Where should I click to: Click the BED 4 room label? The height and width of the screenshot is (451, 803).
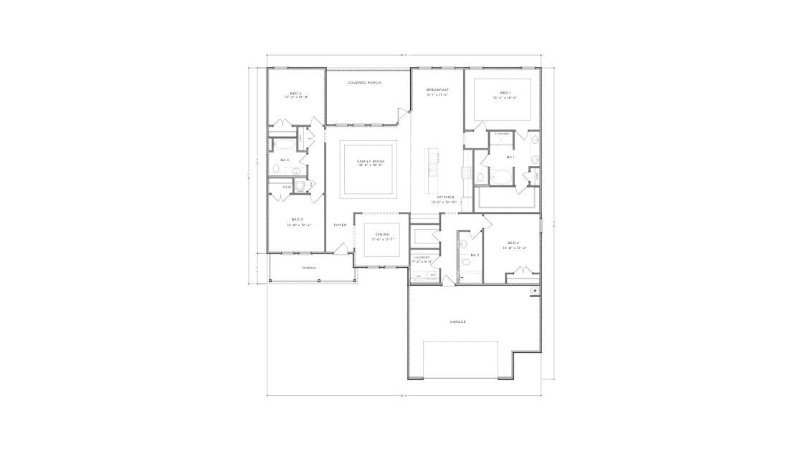[x=295, y=93]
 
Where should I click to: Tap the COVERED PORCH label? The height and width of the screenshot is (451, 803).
[x=364, y=83]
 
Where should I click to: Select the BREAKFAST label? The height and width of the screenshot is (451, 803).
[x=437, y=90]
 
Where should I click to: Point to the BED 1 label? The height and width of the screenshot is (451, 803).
[x=505, y=92]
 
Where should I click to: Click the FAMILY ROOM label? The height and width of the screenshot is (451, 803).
[x=371, y=162]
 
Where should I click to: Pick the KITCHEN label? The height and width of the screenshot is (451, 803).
[x=446, y=197]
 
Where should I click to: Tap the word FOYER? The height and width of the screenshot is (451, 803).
[x=340, y=225]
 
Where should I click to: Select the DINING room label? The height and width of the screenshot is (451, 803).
[x=382, y=235]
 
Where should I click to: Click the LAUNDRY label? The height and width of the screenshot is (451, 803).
[x=422, y=257]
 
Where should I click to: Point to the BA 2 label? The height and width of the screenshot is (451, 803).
[x=475, y=255]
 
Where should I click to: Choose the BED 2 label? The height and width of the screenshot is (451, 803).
[x=513, y=243]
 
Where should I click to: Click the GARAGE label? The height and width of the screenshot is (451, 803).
[x=458, y=322]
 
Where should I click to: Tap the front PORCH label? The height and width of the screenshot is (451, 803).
[x=309, y=268]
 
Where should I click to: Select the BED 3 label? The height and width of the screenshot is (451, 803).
[x=297, y=219]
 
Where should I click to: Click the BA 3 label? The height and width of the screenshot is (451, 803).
[x=285, y=160]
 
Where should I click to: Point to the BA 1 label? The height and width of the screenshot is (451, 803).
[x=510, y=157]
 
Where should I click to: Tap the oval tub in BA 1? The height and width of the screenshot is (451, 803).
[x=501, y=175]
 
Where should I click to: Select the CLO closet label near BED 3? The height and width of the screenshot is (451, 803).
[x=287, y=187]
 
